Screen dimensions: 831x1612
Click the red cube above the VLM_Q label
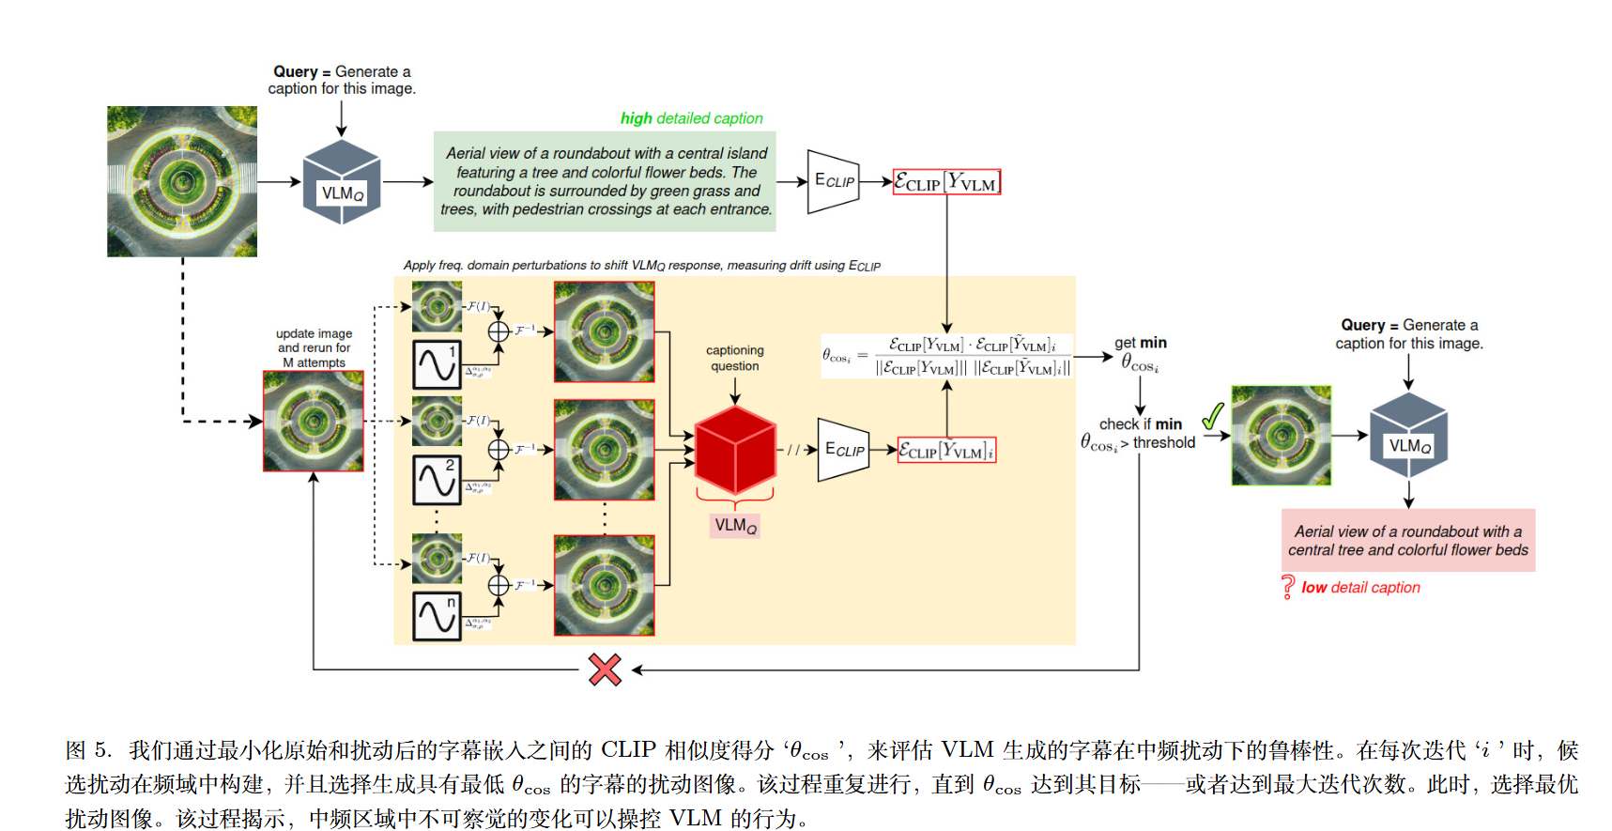tap(735, 451)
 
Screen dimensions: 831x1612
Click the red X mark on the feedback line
tap(605, 669)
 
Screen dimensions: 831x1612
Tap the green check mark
tap(1213, 415)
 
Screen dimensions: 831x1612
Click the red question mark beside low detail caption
tap(1288, 588)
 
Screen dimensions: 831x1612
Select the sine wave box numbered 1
tap(437, 364)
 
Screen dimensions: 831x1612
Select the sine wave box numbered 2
tap(437, 479)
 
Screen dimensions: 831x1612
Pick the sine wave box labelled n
tap(437, 616)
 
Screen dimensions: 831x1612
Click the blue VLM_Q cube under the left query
tap(342, 182)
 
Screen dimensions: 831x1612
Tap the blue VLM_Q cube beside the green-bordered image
tap(1408, 436)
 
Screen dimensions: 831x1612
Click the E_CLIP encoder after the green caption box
tap(833, 181)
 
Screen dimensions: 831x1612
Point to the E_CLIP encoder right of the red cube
tap(843, 450)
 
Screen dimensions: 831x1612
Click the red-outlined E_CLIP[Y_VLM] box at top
tap(946, 182)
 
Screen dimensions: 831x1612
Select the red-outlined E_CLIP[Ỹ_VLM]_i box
tap(946, 451)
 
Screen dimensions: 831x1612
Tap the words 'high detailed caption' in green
tap(691, 118)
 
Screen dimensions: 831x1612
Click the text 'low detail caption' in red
tap(1360, 588)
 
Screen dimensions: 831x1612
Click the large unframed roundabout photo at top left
tap(182, 181)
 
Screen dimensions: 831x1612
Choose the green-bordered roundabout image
tap(1281, 435)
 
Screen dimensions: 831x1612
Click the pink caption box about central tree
tap(1407, 541)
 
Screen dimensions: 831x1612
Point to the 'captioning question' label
tap(734, 358)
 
